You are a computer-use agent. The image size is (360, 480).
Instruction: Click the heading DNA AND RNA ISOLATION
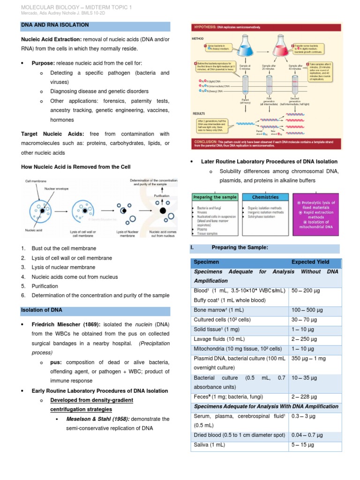click(55, 24)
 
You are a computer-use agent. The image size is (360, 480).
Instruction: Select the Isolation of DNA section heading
click(41, 310)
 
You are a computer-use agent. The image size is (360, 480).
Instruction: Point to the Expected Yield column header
click(310, 262)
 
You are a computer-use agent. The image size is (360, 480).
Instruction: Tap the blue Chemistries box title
click(265, 197)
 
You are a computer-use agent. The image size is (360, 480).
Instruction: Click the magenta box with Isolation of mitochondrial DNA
click(316, 215)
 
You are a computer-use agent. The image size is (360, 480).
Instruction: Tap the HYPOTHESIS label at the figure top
click(204, 28)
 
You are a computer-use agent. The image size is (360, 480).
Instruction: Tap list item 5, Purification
click(45, 286)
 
